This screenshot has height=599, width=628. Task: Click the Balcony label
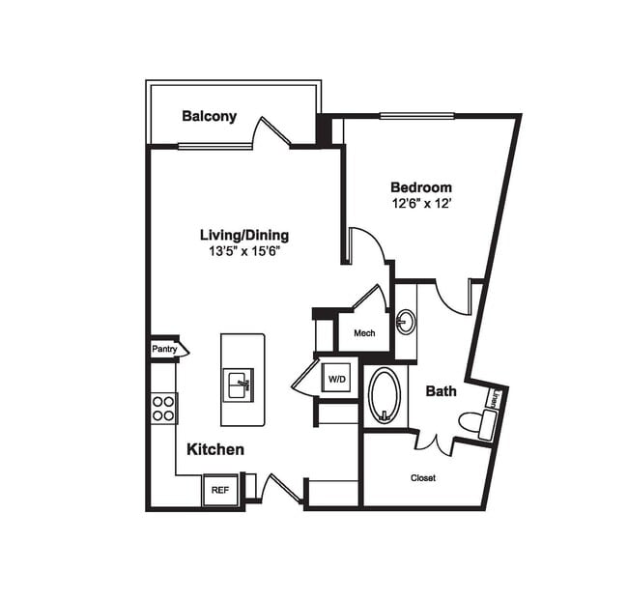[x=209, y=117]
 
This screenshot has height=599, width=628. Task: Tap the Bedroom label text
[x=420, y=187]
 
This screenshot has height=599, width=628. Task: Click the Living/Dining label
[x=243, y=235]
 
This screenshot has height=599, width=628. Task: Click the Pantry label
[x=165, y=348]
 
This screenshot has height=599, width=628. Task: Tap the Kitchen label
[x=214, y=449]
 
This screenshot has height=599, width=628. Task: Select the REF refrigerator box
[x=220, y=490]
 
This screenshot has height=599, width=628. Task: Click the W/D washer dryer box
[x=336, y=379]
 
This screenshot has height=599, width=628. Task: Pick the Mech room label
[x=363, y=333]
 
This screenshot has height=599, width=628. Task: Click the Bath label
[x=441, y=391]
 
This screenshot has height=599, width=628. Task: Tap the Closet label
[x=423, y=477]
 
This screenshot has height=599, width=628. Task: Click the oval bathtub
[x=384, y=394]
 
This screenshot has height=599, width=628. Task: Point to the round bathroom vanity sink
[x=406, y=322]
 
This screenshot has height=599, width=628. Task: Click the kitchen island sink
[x=239, y=384]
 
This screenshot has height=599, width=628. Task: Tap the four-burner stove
[x=164, y=408]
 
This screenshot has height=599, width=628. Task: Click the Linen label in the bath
[x=494, y=397]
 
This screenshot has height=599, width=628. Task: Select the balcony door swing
[x=271, y=132]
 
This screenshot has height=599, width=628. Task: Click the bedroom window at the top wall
[x=416, y=117]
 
